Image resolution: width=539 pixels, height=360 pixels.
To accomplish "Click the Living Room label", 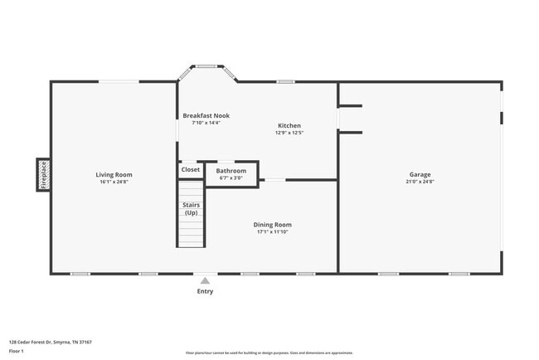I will [x=114, y=174].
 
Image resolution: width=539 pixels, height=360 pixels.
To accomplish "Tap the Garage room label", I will [x=420, y=174].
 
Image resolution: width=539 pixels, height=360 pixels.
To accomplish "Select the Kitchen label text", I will [x=289, y=125].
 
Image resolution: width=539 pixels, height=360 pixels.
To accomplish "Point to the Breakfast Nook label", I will [x=206, y=115].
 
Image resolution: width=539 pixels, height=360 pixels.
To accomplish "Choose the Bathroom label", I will [x=231, y=171].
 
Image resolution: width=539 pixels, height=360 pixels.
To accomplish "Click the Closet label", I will [x=191, y=169].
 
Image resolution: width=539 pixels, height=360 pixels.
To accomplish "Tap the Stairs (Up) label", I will [x=191, y=209].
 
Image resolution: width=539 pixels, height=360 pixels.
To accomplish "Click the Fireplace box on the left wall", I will [x=43, y=175].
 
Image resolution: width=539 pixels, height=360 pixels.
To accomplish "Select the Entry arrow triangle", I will [x=205, y=280].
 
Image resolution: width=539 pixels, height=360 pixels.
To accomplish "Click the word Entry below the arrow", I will [x=205, y=291].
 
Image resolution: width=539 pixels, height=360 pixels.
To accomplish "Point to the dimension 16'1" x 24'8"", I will [x=114, y=182].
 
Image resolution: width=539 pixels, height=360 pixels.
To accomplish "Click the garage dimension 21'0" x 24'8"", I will [x=420, y=182].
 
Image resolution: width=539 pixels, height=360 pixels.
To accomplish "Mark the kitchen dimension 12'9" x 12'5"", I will [x=289, y=133].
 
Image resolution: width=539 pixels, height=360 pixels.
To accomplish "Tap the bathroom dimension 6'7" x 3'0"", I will [x=231, y=178].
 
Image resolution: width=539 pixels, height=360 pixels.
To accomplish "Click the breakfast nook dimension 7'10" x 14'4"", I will [x=206, y=123].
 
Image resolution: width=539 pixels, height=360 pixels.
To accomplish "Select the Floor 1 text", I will [x=17, y=351].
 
